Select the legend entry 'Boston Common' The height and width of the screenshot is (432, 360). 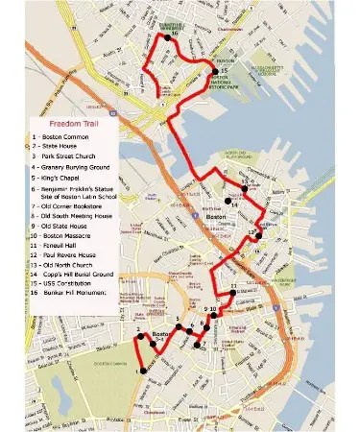pyautogui.click(x=60, y=138)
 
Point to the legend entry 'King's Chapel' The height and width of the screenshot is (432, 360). pyautogui.click(x=60, y=180)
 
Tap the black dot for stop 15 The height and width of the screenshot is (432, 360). pyautogui.click(x=214, y=70)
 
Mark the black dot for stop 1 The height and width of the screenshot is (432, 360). pyautogui.click(x=140, y=371)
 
